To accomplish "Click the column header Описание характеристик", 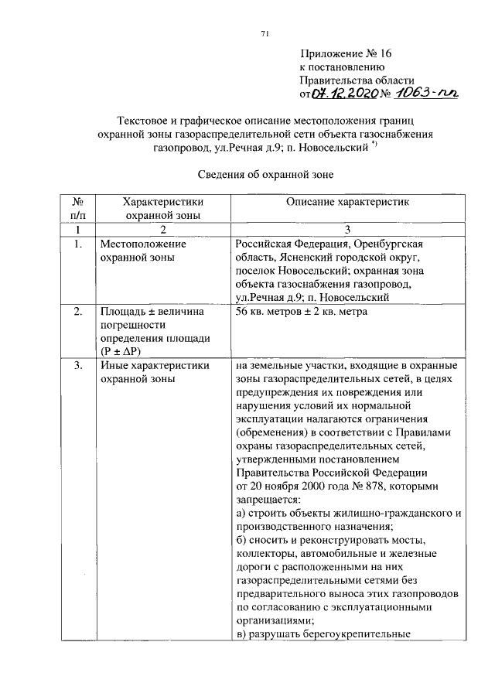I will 347,203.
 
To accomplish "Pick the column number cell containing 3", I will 348,230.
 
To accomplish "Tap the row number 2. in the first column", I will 77,312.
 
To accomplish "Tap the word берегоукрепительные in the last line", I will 356,633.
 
